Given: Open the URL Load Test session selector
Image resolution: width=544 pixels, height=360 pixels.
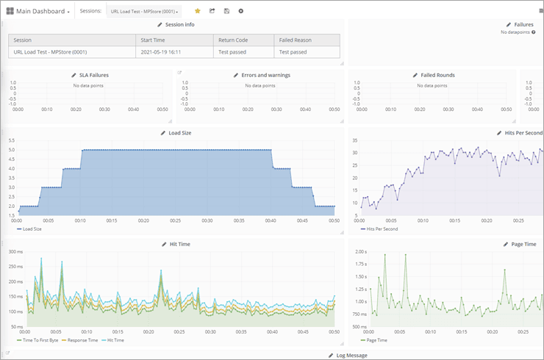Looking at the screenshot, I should pyautogui.click(x=145, y=12).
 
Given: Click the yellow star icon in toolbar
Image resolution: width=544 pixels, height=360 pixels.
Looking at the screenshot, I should pyautogui.click(x=197, y=11).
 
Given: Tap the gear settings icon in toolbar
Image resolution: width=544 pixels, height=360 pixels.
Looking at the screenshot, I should pyautogui.click(x=241, y=11).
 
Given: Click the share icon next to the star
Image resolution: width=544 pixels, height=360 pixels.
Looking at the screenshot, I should pyautogui.click(x=212, y=11).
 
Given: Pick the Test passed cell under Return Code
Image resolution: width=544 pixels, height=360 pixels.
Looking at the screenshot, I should pyautogui.click(x=232, y=52).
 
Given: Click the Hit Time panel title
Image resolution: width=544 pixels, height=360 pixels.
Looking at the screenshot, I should pyautogui.click(x=179, y=243).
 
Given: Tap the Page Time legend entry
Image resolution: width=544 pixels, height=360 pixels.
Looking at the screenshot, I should pyautogui.click(x=376, y=341).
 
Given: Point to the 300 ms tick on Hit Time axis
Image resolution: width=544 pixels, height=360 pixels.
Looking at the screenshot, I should pyautogui.click(x=15, y=251).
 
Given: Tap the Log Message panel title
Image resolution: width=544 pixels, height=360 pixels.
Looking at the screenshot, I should pyautogui.click(x=351, y=355).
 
